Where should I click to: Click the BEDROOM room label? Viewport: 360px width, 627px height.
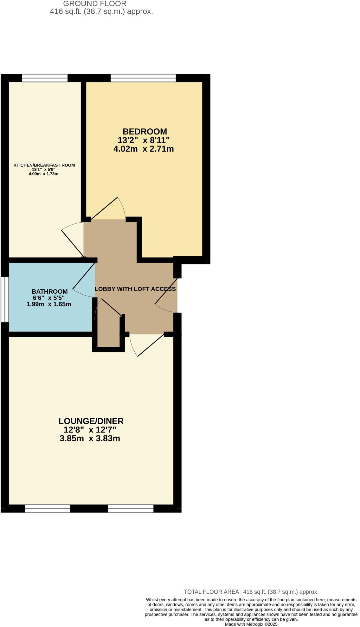(x=145, y=131)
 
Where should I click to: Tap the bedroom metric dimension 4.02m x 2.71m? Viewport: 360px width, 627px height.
(x=144, y=149)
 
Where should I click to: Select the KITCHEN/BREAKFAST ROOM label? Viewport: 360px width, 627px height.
(x=44, y=165)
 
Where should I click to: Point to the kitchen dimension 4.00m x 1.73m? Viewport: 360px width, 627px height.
(x=43, y=174)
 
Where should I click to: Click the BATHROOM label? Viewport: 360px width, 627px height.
(x=50, y=291)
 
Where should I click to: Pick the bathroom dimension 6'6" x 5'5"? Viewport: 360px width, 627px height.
(x=49, y=298)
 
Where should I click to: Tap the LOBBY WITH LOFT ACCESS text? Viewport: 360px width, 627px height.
(x=135, y=289)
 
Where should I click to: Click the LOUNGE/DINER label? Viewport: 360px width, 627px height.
(x=91, y=421)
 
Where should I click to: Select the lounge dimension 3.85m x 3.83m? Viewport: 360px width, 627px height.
(x=90, y=439)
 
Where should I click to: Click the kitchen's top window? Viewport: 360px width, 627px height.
(x=45, y=78)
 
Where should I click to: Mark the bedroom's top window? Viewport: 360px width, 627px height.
(x=143, y=78)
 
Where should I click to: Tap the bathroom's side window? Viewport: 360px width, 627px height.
(x=4, y=299)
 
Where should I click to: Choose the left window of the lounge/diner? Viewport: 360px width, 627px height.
(x=47, y=509)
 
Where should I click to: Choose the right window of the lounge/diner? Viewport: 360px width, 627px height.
(x=131, y=509)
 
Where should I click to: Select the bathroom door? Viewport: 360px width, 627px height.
(x=84, y=279)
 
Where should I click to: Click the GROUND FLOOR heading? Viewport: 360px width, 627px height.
(x=95, y=4)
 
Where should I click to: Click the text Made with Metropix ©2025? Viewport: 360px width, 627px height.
(x=251, y=624)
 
